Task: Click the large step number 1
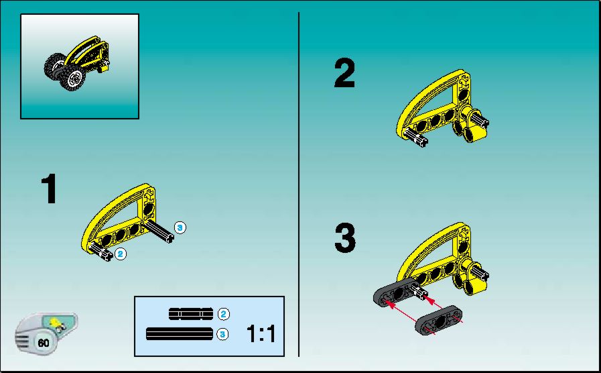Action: (x=50, y=189)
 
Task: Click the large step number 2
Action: (x=344, y=73)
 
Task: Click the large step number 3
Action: (x=345, y=238)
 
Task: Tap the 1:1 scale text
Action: (x=261, y=333)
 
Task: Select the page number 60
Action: (x=44, y=342)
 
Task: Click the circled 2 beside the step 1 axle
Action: (x=121, y=254)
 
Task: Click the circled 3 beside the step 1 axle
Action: (x=180, y=227)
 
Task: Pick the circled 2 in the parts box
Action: (x=224, y=314)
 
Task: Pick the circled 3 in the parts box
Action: (x=222, y=334)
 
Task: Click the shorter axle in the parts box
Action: (x=191, y=314)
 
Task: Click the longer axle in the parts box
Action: (x=180, y=334)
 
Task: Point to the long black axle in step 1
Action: (x=159, y=231)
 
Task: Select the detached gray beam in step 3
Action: (x=438, y=321)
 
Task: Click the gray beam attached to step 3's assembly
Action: (x=397, y=292)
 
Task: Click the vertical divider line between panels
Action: (x=299, y=184)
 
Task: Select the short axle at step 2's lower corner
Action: (x=416, y=138)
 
